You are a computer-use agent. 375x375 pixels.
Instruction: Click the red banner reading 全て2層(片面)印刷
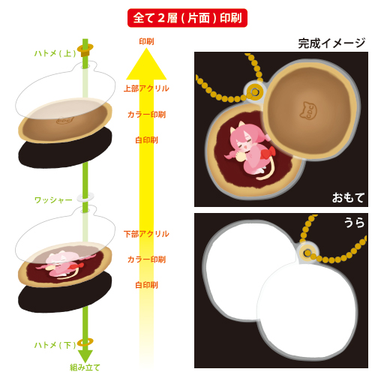click(x=187, y=18)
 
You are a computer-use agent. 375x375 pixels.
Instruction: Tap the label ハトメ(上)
click(x=55, y=53)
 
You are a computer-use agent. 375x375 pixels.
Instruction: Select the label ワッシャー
click(x=53, y=199)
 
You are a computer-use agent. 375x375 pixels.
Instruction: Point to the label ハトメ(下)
click(x=55, y=345)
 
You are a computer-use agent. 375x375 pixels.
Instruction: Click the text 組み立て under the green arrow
click(x=85, y=367)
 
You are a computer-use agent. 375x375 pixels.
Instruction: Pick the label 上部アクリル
click(x=146, y=88)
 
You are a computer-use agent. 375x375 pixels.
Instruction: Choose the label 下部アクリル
click(x=146, y=234)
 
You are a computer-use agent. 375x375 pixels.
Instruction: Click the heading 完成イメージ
click(x=331, y=43)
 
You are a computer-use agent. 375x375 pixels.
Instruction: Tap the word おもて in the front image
click(x=348, y=197)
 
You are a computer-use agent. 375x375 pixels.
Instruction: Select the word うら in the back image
click(x=355, y=222)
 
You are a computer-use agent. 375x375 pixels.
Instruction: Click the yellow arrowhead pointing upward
click(x=146, y=64)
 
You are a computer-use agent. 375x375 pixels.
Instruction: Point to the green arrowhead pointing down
click(x=85, y=355)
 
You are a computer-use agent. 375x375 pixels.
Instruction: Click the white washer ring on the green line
click(x=85, y=197)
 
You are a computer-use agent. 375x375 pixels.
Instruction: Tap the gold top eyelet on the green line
click(x=85, y=49)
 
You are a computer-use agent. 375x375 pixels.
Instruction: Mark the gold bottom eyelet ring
click(x=85, y=342)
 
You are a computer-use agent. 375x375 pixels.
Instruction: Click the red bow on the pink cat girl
click(x=268, y=152)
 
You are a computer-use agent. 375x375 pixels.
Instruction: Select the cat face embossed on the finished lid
click(x=308, y=110)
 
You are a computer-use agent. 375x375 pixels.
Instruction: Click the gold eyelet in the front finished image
click(x=254, y=92)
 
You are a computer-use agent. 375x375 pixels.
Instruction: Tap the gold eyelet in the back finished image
click(x=308, y=252)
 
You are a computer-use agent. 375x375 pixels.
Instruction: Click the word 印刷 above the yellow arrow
click(x=146, y=41)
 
